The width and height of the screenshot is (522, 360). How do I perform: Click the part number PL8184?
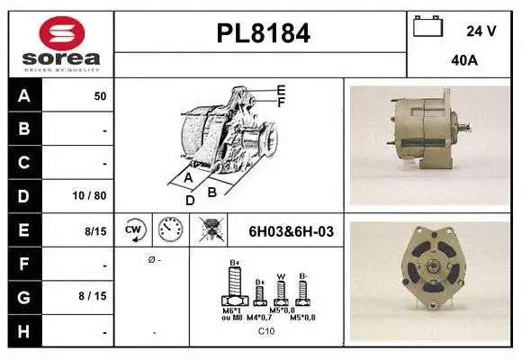(x=263, y=34)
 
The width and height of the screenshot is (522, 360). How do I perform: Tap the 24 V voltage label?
(x=481, y=31)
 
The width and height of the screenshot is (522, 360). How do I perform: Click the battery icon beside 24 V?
(x=427, y=28)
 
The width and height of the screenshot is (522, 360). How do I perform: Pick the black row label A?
(x=24, y=95)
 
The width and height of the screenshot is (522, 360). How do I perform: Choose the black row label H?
(x=24, y=332)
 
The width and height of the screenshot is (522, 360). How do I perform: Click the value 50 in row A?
(x=100, y=96)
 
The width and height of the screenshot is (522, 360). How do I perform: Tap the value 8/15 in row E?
(x=94, y=231)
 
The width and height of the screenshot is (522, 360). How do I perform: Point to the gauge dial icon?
(x=169, y=230)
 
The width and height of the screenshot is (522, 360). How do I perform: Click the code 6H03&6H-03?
(x=290, y=231)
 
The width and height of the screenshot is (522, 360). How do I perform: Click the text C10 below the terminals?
(x=266, y=331)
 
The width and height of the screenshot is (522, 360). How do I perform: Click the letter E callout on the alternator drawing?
(x=281, y=90)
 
